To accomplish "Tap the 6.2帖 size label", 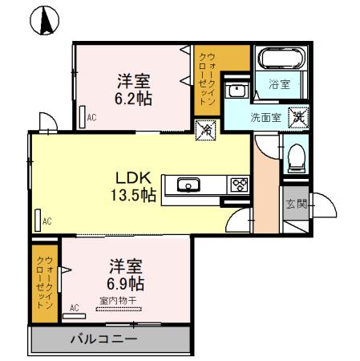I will coord(134,99).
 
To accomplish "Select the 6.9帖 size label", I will coord(125,283).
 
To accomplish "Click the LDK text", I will coord(127,177).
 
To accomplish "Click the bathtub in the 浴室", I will coord(281,61).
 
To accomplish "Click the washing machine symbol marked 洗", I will coord(296,115).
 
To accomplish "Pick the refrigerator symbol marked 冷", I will coord(204,128).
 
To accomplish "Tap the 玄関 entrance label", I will coord(293,204).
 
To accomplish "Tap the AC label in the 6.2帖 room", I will coord(91,117).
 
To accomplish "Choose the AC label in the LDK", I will coord(47,221).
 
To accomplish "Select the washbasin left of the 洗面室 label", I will coord(235,91).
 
